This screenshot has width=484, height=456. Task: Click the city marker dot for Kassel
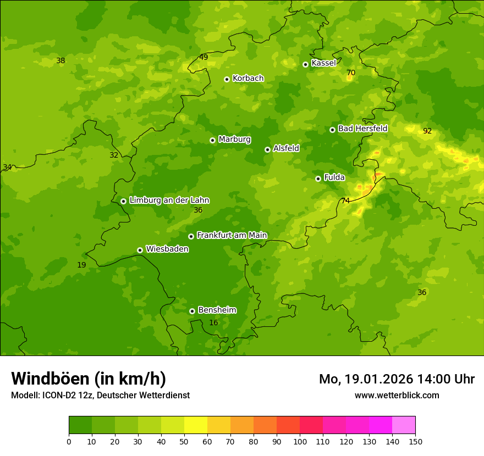tap(305, 64)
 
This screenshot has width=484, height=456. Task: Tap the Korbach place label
tap(248, 78)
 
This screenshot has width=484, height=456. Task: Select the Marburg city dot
tap(212, 140)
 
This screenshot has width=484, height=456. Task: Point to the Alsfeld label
tap(286, 148)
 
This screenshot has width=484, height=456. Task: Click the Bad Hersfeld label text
tap(362, 129)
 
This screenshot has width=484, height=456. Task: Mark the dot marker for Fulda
tap(318, 179)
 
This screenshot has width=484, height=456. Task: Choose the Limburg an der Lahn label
tap(169, 200)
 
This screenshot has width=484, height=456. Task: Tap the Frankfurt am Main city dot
tap(191, 236)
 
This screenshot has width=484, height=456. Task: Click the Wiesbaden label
tap(167, 249)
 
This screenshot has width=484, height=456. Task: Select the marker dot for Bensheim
tap(192, 311)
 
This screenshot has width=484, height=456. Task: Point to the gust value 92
tap(427, 131)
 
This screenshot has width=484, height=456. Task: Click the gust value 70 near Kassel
tap(351, 73)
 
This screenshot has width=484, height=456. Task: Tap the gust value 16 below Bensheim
tap(213, 322)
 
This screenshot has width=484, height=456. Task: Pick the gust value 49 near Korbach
tap(204, 57)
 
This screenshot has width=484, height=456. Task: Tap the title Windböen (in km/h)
tap(89, 379)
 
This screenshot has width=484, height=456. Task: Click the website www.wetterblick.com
tap(397, 395)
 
